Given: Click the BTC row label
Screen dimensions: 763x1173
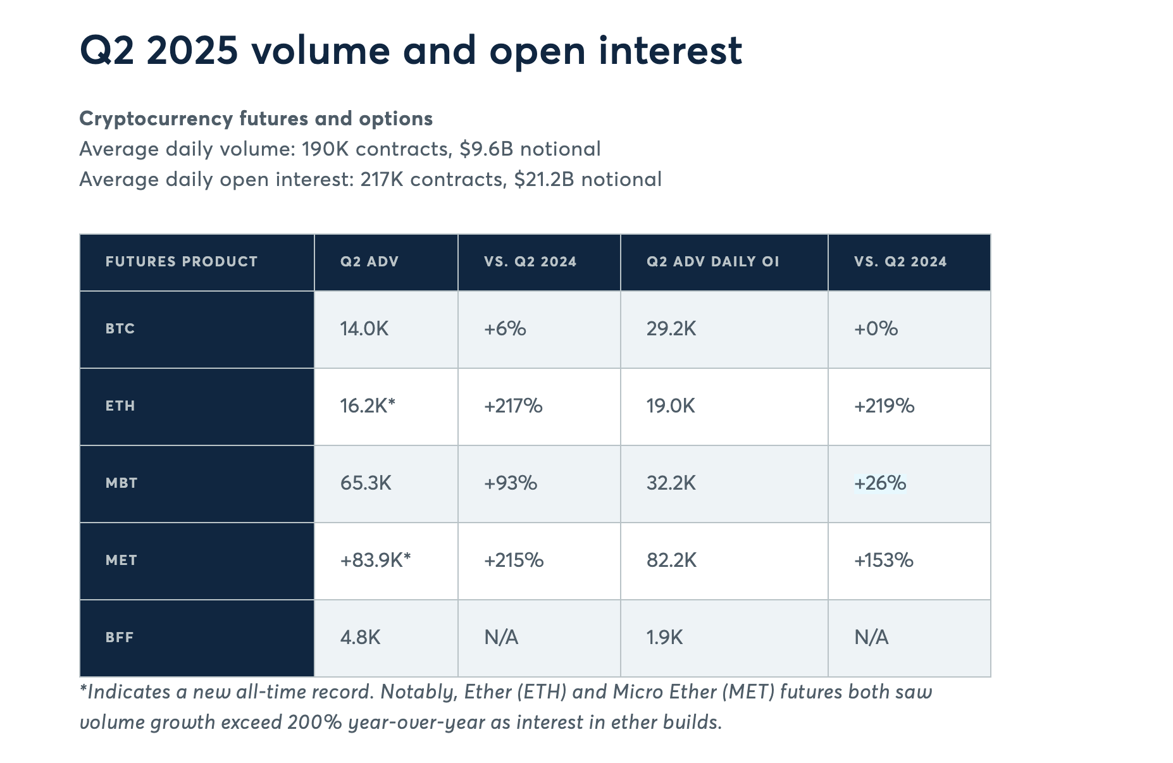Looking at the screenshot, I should click(120, 329).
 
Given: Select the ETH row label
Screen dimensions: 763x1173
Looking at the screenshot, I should click(120, 406).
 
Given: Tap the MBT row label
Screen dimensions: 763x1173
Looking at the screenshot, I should click(121, 483).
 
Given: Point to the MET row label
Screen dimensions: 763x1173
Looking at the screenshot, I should click(121, 561).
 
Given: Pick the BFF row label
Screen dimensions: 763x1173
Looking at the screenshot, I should click(120, 638).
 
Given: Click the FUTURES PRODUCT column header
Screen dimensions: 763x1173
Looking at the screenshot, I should click(182, 262).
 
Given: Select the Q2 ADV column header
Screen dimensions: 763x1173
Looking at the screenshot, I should click(369, 262).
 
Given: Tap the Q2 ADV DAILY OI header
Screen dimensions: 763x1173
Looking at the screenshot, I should click(713, 262).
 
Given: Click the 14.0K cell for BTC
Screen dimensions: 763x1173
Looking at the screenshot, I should click(364, 329).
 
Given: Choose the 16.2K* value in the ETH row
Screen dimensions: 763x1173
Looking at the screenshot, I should click(368, 406).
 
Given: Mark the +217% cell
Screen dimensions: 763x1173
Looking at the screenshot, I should click(513, 406).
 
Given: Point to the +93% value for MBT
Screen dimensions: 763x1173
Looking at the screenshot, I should click(511, 483).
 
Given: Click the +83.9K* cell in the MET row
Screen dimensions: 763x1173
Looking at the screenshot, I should click(376, 561).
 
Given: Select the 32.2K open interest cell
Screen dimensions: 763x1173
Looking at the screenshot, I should click(671, 483).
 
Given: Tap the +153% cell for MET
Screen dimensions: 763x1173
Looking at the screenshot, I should click(884, 561).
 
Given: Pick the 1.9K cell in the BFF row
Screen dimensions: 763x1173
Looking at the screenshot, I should click(665, 638).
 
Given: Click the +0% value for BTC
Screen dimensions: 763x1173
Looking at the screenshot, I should click(876, 329).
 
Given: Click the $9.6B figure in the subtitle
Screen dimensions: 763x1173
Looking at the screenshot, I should click(487, 149).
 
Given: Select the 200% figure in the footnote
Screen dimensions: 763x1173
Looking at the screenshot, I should click(314, 723).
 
